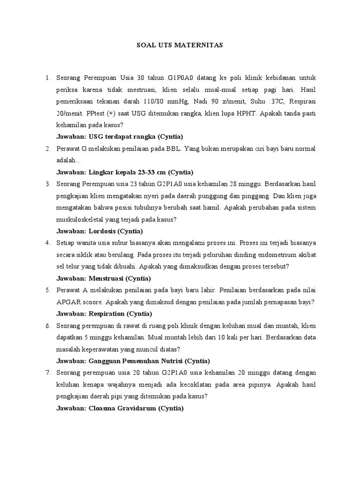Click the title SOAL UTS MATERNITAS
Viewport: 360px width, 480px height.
(180, 45)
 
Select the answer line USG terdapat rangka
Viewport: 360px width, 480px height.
(120, 136)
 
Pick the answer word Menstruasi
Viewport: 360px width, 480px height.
(105, 278)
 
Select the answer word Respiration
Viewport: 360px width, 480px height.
(106, 314)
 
